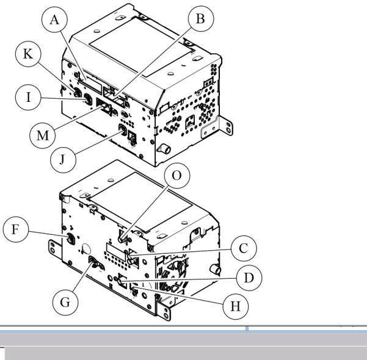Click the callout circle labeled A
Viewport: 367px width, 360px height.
(x=54, y=20)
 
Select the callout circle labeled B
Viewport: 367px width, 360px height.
(x=201, y=19)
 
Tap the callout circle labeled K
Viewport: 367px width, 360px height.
(x=28, y=54)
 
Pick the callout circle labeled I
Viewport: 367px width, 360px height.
(x=28, y=97)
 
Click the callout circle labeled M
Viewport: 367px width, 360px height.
(x=43, y=135)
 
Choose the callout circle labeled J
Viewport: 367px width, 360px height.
(x=63, y=160)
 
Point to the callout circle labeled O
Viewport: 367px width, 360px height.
(x=177, y=176)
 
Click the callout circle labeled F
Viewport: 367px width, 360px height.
(x=16, y=229)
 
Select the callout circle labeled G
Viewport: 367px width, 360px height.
(x=65, y=302)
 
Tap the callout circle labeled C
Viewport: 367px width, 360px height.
(x=244, y=248)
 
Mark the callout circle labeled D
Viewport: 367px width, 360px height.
(x=249, y=278)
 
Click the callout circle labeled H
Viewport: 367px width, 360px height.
(x=236, y=306)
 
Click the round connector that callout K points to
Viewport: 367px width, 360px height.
(x=78, y=93)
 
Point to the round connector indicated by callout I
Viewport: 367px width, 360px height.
(x=88, y=99)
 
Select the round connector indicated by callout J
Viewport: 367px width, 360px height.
(x=123, y=129)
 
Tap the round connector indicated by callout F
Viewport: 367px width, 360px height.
(x=71, y=239)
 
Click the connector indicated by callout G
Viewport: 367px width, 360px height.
(x=94, y=262)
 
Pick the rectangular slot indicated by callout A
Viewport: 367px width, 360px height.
(x=90, y=82)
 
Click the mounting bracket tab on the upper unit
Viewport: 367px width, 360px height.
(x=217, y=128)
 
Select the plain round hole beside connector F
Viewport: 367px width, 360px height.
(x=87, y=249)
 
